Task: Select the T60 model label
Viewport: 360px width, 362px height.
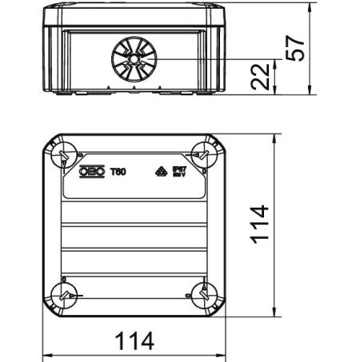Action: pos(117,170)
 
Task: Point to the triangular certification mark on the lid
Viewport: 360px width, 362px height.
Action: pos(157,171)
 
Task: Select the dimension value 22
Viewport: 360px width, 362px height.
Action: pos(256,78)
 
